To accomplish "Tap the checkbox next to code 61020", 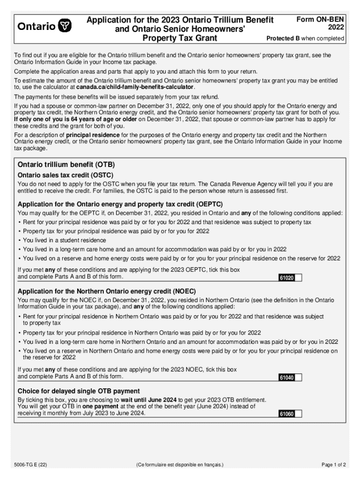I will coord(298,278).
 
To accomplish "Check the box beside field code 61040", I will coord(298,377).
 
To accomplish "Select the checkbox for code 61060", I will coord(298,414).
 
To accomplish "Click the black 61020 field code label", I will coord(287,278).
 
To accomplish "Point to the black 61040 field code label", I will coord(287,377).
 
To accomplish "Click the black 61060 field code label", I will coord(287,414).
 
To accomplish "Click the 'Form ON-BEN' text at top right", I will coord(321,19).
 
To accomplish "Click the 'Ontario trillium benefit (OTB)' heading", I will coord(66,165).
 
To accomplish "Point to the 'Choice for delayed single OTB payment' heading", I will coord(79,391).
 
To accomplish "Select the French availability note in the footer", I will coord(180,465).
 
